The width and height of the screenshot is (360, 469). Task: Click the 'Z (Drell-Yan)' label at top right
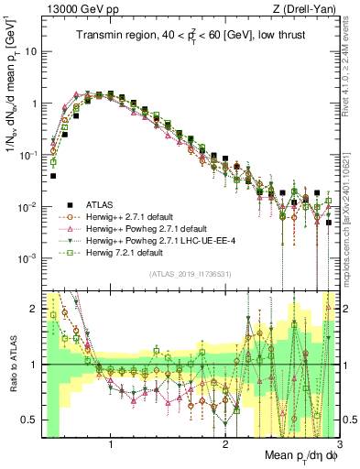[300, 8]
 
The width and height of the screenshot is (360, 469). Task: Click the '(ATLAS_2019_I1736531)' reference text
[189, 275]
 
